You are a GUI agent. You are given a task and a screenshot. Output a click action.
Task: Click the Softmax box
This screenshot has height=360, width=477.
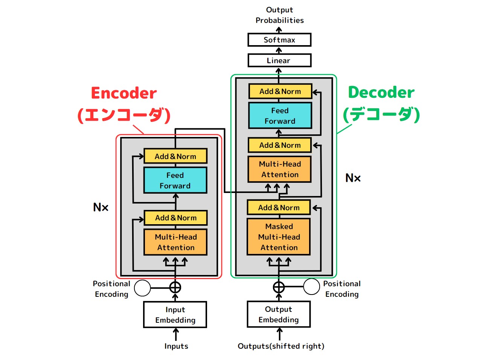click(x=279, y=40)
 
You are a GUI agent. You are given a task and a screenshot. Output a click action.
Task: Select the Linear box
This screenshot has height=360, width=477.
click(x=279, y=61)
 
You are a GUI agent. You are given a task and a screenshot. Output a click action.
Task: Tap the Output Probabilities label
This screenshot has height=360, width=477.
click(x=279, y=15)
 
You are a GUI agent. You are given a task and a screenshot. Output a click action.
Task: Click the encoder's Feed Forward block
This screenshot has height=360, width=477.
click(x=175, y=181)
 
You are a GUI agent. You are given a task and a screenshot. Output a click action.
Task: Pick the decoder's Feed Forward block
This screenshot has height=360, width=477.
click(x=280, y=116)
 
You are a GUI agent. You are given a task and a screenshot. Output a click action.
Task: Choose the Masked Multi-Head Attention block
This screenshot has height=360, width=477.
click(x=279, y=237)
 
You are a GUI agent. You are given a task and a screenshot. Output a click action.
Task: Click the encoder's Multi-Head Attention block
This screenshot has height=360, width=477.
click(x=175, y=242)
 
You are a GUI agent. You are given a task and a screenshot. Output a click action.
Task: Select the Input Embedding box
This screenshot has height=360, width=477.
click(x=175, y=315)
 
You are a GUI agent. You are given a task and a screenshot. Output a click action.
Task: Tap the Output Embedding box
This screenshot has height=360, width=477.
click(x=279, y=314)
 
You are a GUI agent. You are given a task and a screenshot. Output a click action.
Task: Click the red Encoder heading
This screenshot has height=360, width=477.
click(x=124, y=93)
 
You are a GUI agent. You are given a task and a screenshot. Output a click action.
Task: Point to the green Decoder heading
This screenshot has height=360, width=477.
click(x=381, y=93)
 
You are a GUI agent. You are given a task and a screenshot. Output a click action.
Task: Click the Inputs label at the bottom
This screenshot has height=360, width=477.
click(x=176, y=346)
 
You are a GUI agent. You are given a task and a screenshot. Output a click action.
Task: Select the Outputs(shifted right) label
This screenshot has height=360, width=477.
click(x=281, y=346)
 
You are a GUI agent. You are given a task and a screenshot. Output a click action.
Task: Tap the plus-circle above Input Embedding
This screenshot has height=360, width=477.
click(x=175, y=287)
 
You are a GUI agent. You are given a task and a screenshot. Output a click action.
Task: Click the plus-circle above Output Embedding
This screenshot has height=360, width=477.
click(x=279, y=287)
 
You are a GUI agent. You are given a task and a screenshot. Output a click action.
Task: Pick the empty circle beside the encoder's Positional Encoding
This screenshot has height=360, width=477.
click(x=142, y=288)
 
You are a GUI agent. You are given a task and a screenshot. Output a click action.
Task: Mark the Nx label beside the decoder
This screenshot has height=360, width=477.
click(x=353, y=178)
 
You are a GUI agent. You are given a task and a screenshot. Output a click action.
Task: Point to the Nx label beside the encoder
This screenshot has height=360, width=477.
click(x=101, y=207)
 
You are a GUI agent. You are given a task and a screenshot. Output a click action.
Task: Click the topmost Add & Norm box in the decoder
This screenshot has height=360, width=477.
click(x=280, y=91)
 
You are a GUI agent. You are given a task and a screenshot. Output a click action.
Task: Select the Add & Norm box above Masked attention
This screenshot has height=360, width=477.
click(x=279, y=208)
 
